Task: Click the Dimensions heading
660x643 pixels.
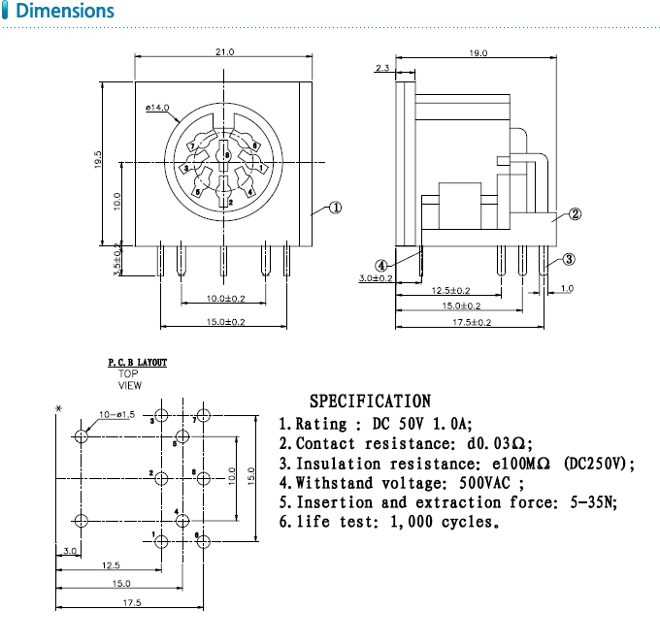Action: point(65,12)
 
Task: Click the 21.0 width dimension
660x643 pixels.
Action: point(224,51)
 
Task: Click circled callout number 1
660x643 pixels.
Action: point(335,207)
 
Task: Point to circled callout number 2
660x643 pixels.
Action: point(575,214)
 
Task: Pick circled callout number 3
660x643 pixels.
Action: point(570,259)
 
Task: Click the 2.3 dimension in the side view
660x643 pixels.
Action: point(380,68)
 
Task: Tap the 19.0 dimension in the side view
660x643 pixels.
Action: point(478,52)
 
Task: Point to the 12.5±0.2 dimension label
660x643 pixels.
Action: point(450,290)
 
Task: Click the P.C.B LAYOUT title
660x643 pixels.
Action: point(137,362)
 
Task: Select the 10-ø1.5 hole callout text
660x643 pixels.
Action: point(117,416)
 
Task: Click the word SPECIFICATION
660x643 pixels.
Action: point(370,401)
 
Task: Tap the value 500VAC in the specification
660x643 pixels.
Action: point(474,483)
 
